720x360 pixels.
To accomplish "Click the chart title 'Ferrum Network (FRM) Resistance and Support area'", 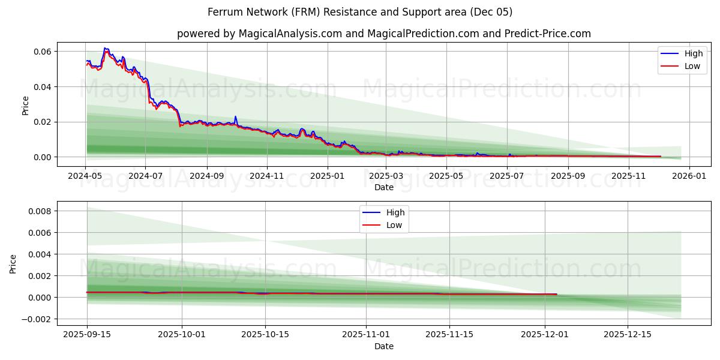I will point(359,12).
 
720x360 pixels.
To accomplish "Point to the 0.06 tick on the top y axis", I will point(41,52).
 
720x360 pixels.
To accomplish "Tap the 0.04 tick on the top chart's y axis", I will point(41,87).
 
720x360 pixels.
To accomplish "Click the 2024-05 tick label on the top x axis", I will point(85,176).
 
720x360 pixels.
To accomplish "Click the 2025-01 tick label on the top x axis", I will point(327,176).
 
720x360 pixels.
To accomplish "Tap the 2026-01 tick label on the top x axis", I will point(689,176).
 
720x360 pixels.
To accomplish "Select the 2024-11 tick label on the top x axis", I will point(266,176).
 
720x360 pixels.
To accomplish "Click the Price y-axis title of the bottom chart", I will point(13,264).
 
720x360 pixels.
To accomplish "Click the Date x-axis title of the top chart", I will point(383,187).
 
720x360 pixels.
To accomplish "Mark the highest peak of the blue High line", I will point(105,48).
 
